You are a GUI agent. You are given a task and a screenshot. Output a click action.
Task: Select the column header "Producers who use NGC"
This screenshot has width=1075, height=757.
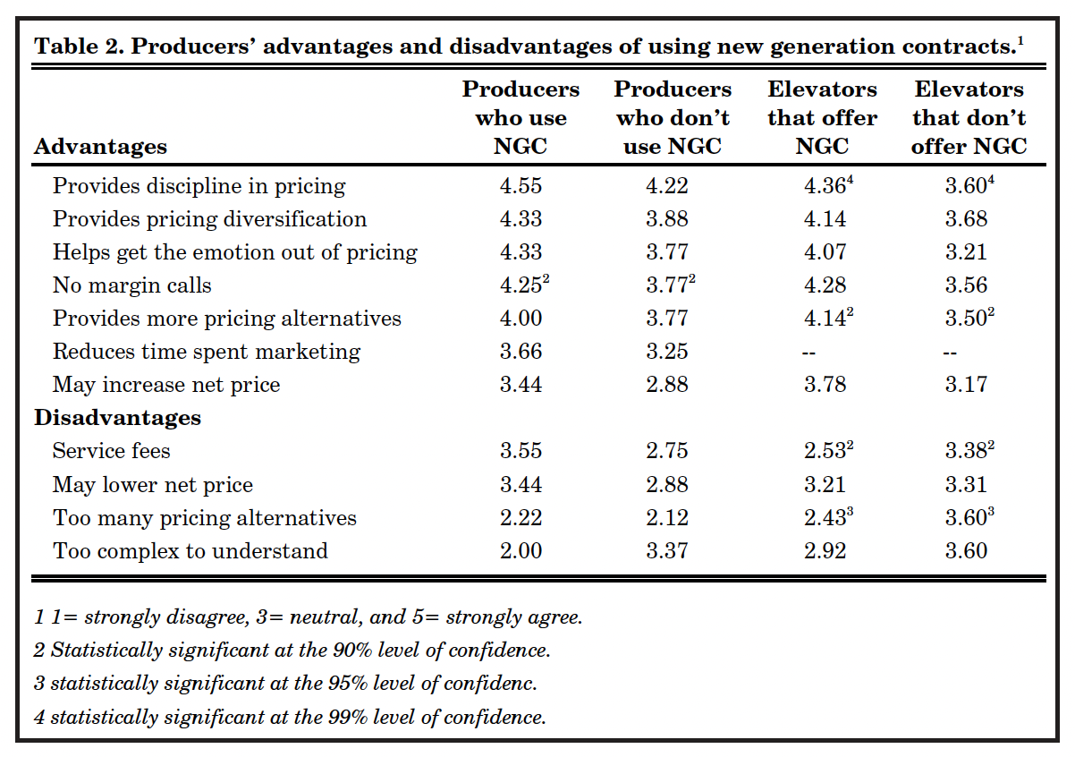click(x=521, y=117)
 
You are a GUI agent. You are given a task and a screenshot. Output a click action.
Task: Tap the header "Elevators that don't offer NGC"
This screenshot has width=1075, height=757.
click(x=969, y=117)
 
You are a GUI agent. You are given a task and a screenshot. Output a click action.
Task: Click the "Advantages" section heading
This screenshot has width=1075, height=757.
click(x=100, y=146)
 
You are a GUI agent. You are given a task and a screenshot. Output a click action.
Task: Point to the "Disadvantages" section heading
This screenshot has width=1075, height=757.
click(x=117, y=418)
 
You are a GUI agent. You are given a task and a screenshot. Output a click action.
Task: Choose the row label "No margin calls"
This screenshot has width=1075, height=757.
click(x=132, y=285)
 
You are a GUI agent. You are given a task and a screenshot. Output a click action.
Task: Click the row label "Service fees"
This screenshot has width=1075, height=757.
click(x=112, y=451)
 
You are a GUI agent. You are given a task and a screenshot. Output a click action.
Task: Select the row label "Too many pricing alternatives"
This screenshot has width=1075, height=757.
click(x=205, y=517)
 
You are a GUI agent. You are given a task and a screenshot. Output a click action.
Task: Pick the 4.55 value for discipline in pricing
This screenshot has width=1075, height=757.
click(x=521, y=186)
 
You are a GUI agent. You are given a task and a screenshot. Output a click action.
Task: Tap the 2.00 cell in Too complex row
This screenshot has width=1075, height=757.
click(x=521, y=550)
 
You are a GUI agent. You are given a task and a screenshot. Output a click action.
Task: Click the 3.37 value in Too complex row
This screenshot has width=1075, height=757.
click(x=667, y=550)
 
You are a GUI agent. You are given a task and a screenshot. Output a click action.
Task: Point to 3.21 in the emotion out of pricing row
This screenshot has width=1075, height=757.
click(x=966, y=252)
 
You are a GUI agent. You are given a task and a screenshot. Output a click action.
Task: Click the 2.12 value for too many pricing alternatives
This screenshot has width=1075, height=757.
click(x=667, y=517)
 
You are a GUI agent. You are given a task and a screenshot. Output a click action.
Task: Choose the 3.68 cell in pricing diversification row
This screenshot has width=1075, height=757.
click(x=966, y=219)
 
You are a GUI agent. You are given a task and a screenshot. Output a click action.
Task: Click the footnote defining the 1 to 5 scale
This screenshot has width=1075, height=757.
click(x=308, y=617)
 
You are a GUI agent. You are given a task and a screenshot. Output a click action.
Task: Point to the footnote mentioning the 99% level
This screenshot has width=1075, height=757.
click(x=290, y=717)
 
